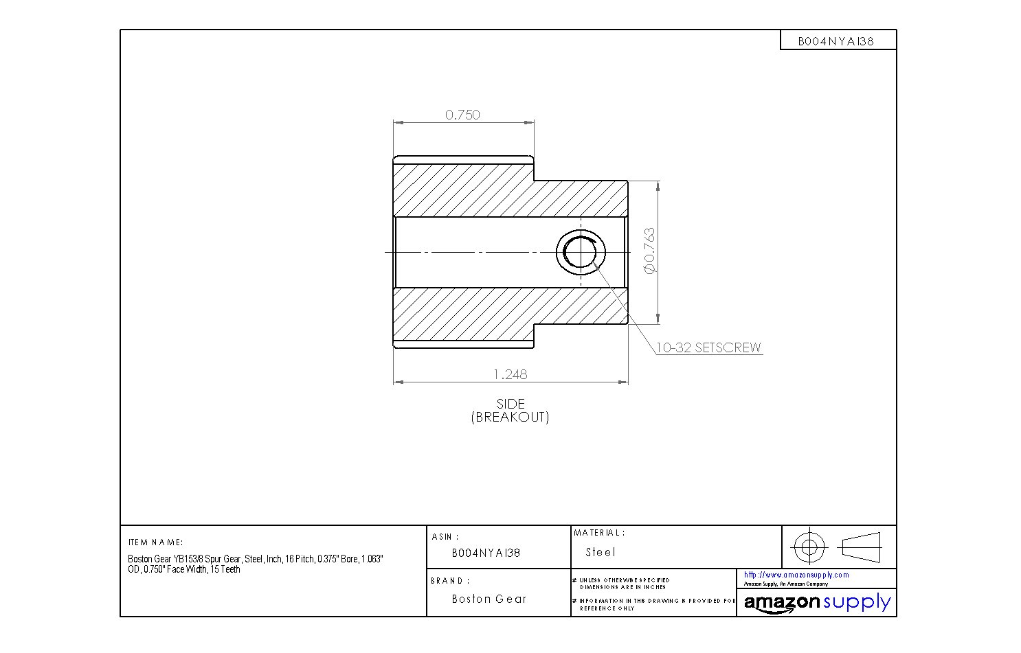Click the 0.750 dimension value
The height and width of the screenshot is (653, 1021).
click(x=462, y=115)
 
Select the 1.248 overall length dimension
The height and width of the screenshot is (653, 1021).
click(x=510, y=374)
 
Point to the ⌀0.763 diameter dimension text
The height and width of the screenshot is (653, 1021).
click(x=649, y=251)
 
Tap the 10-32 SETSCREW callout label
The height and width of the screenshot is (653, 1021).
click(x=708, y=347)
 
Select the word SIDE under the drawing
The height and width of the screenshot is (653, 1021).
click(x=510, y=404)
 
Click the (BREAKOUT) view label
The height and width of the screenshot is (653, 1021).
click(x=510, y=417)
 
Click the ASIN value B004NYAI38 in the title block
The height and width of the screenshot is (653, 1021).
click(x=486, y=553)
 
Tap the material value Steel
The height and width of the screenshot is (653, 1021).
click(x=601, y=552)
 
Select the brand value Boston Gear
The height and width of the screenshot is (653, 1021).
click(x=489, y=599)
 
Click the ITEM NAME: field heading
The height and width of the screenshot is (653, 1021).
click(x=155, y=542)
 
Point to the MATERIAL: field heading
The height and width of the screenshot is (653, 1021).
click(x=598, y=533)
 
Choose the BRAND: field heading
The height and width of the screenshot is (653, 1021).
click(x=450, y=581)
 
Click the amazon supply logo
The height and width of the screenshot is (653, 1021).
click(x=816, y=603)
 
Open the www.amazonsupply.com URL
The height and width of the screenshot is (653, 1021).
click(x=796, y=575)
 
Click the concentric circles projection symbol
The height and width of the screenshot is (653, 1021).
click(x=809, y=547)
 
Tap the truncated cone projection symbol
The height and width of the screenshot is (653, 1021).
click(x=860, y=547)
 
